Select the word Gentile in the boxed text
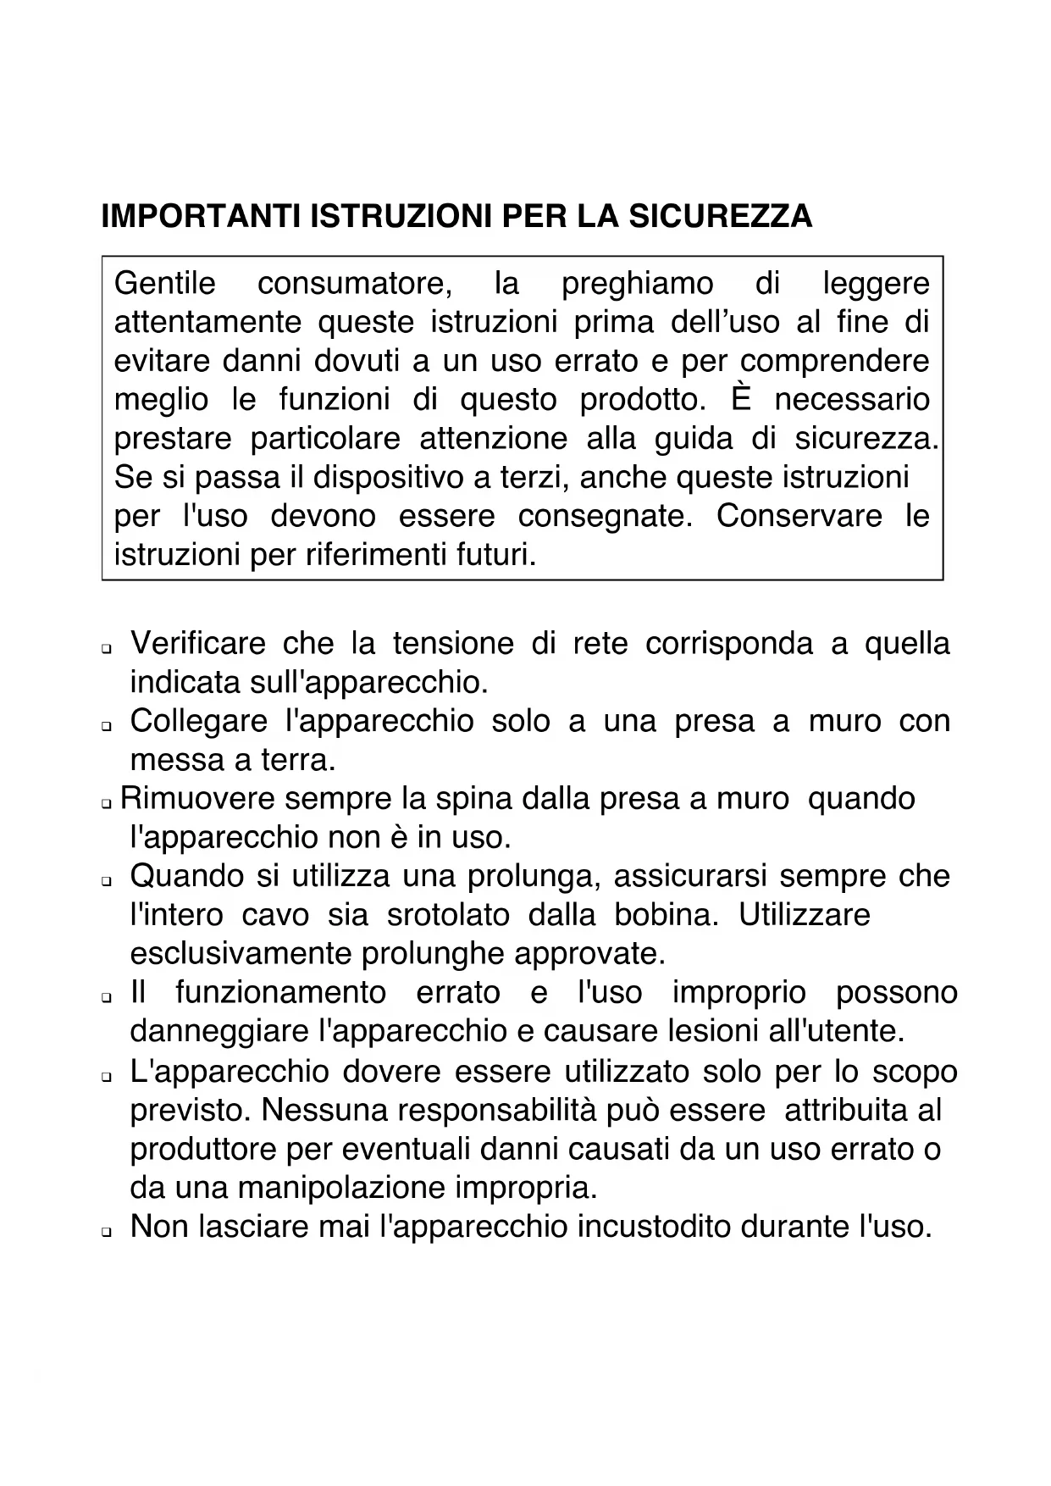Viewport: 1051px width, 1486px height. [165, 283]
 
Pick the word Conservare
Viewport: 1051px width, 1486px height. [799, 516]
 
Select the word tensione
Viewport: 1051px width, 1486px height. [453, 644]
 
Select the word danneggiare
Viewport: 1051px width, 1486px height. [220, 1031]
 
